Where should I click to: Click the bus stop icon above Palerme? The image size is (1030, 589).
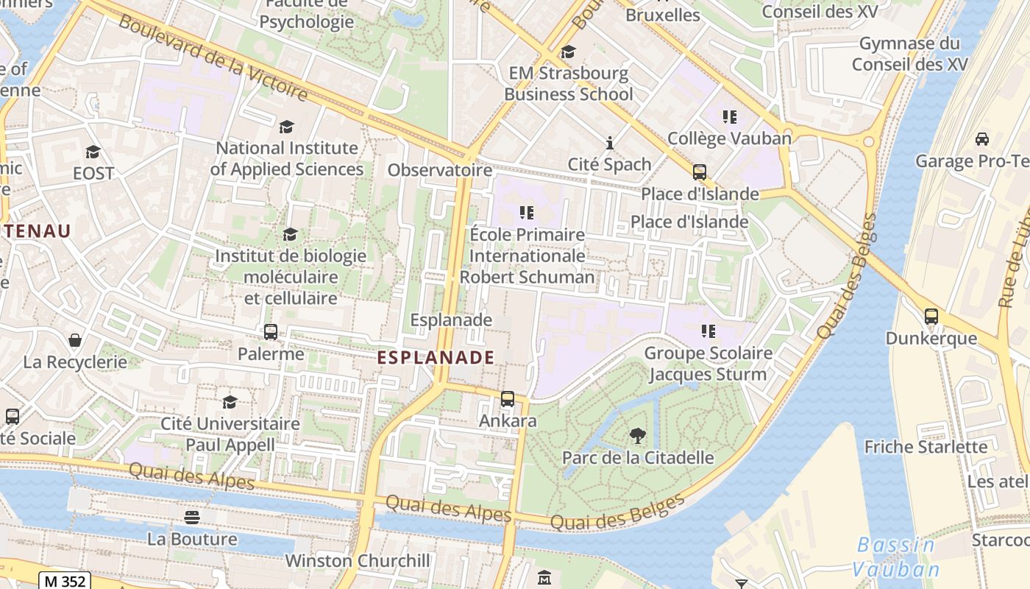pos(270,332)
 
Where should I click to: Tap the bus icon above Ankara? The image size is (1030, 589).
pos(507,399)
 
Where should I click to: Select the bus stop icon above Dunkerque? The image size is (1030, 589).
pos(931,317)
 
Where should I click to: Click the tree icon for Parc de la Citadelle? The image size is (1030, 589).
pos(637,436)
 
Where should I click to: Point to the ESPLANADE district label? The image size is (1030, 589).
pos(436,358)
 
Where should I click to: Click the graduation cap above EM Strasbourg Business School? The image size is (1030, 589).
pos(568,52)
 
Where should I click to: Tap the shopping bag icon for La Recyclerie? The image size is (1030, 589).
pos(75,340)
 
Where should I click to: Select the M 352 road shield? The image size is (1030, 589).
pos(65,581)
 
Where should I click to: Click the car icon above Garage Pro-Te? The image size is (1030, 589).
pos(981,139)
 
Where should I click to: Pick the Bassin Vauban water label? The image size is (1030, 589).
pos(896,557)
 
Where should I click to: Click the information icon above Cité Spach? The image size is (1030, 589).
pos(609,143)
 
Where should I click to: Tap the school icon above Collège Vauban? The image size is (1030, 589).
pos(729,116)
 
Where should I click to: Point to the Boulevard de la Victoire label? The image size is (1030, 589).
pos(213,57)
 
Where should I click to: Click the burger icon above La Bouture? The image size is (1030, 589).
pos(192,518)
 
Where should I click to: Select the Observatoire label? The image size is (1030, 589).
pos(439,170)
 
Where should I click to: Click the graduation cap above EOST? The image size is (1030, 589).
pos(93,152)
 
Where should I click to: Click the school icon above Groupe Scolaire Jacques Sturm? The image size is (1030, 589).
pos(708,331)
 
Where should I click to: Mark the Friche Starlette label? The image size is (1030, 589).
pos(926,447)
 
